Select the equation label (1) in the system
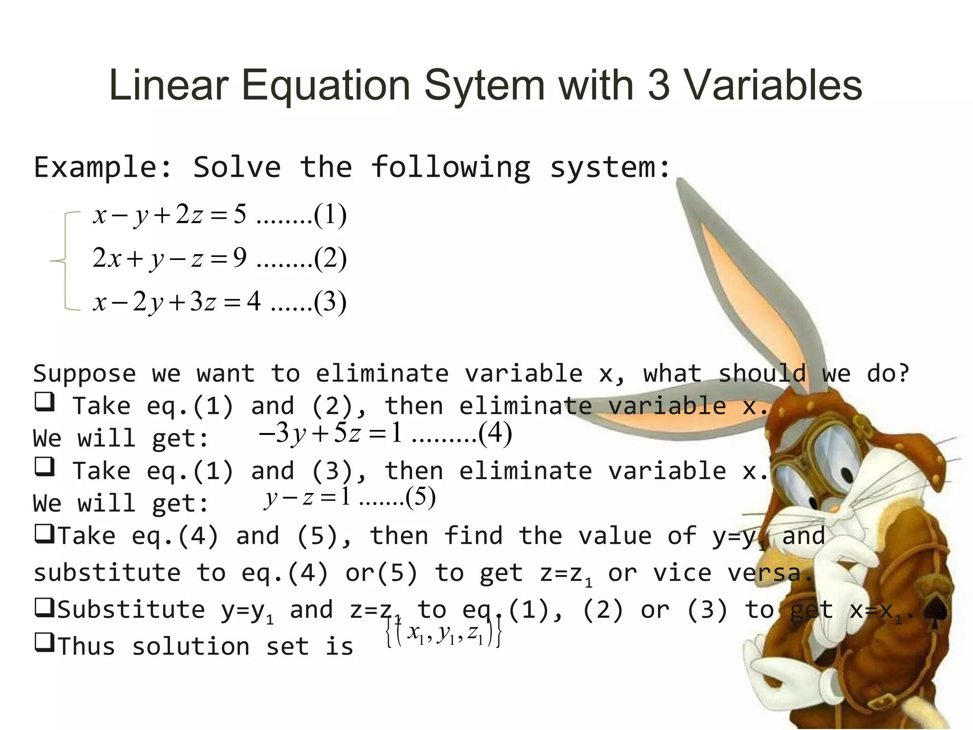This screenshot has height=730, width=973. [330, 215]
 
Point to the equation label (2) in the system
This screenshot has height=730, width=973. [330, 259]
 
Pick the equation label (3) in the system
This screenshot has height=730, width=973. [330, 302]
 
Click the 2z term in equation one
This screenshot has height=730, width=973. [189, 214]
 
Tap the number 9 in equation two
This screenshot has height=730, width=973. [239, 258]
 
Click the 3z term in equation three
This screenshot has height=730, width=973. [203, 302]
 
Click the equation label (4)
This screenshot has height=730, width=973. [495, 433]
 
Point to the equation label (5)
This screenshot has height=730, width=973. [420, 498]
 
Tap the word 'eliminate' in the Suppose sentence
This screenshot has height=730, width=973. [382, 374]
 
